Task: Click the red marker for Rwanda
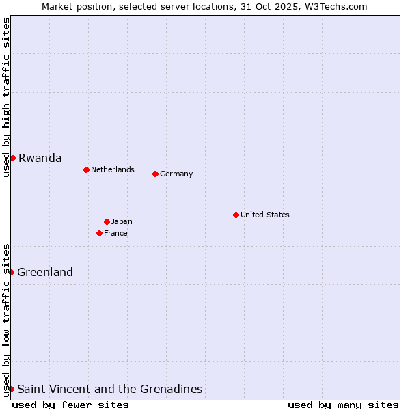12,158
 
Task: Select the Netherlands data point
86,169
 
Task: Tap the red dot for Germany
155,174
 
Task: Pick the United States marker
236,215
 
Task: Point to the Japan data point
107,221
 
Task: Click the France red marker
99,233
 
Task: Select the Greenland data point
11,272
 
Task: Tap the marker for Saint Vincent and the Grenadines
11,389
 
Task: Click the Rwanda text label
40,158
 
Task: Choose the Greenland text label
45,272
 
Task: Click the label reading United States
265,215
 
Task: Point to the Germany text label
176,174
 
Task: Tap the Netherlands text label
113,169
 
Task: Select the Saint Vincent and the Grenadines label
109,389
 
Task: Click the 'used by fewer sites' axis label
70,405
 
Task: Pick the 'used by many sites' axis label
343,405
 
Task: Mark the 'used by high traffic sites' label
6,97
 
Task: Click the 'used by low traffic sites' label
6,320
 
